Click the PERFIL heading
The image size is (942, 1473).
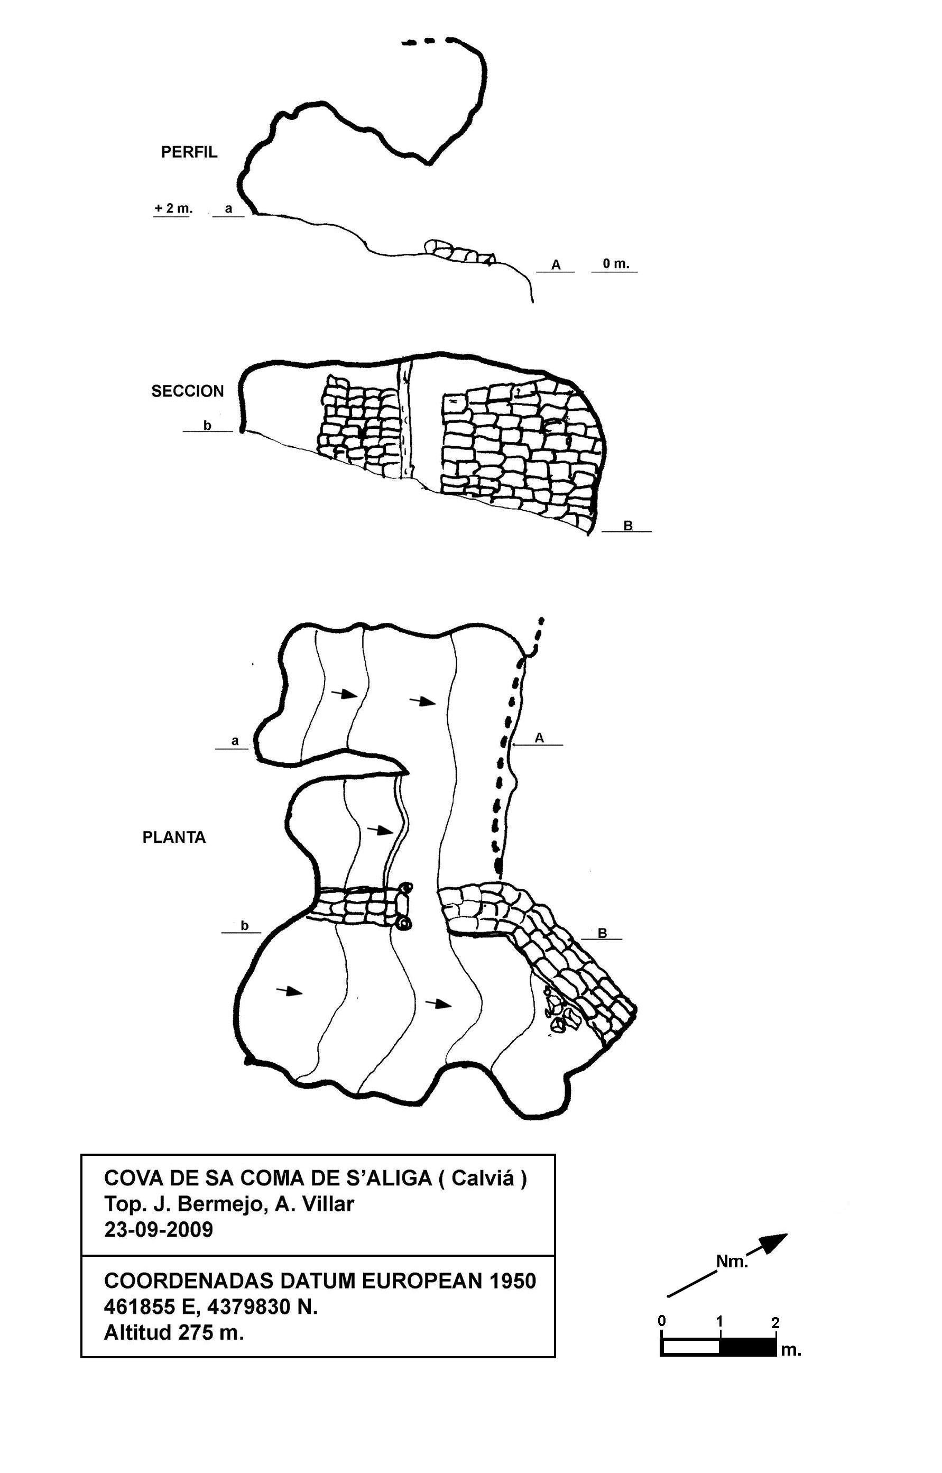(189, 152)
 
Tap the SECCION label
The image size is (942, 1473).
(188, 391)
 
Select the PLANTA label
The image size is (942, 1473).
(174, 837)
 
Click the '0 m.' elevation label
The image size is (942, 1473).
(615, 264)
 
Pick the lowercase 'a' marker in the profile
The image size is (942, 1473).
(229, 209)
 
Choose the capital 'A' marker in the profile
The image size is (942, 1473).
(556, 265)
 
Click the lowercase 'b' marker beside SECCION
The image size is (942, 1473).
(207, 425)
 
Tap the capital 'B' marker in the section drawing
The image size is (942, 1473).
(627, 526)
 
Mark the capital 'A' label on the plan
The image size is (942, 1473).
(539, 738)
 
